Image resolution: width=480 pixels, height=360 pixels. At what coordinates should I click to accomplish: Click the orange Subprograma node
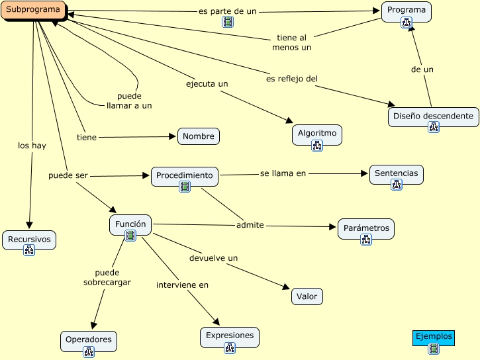[33, 10]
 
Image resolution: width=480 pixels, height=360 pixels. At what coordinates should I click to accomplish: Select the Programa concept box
[407, 12]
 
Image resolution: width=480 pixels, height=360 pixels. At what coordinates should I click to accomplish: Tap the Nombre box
[199, 136]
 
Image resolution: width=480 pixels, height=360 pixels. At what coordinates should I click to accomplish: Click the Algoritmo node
[317, 134]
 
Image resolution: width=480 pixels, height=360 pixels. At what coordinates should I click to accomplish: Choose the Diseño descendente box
[433, 117]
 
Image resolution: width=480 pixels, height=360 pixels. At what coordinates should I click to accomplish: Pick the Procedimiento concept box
[185, 177]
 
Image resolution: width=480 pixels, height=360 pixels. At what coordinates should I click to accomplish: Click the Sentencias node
[397, 175]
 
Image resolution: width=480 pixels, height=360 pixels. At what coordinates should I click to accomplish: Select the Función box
[130, 225]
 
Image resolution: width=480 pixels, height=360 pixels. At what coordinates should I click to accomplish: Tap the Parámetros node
[366, 229]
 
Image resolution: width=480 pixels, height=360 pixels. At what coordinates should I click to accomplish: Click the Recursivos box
[29, 240]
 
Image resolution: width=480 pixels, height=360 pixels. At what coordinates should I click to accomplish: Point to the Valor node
[307, 296]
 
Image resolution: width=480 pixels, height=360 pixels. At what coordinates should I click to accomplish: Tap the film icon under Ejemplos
[434, 349]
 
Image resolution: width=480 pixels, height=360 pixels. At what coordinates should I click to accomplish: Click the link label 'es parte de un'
[228, 11]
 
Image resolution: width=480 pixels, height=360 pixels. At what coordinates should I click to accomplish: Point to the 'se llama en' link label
[283, 173]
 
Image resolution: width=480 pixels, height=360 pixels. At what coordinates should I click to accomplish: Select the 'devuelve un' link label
[213, 258]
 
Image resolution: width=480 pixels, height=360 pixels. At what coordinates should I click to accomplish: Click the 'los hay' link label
[32, 146]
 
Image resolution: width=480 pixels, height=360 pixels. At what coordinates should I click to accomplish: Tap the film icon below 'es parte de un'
[228, 22]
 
